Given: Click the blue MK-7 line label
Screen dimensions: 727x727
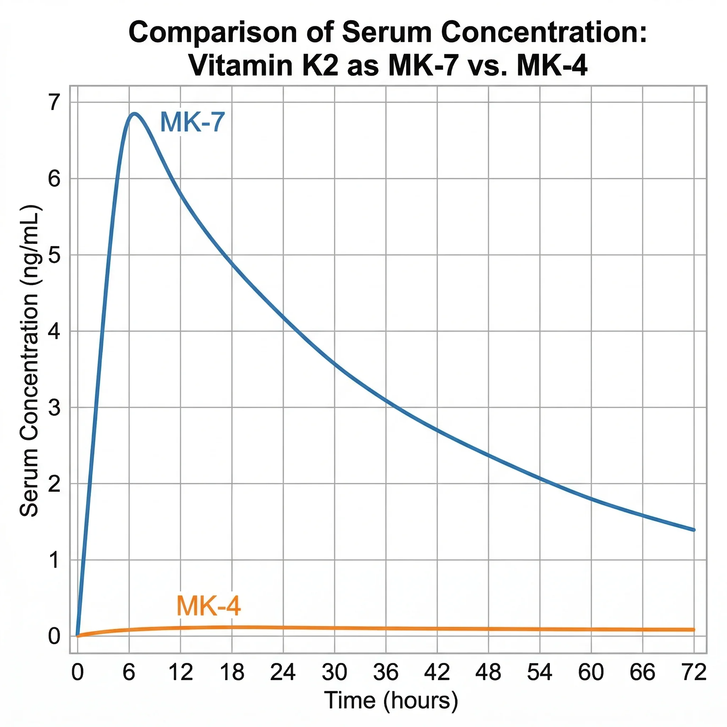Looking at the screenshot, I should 192,122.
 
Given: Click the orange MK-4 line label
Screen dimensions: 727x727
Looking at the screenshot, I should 208,606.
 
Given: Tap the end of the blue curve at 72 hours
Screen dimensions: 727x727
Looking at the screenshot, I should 694,530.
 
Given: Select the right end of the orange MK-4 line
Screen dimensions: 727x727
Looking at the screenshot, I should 694,629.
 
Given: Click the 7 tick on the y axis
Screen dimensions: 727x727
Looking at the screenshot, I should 54,102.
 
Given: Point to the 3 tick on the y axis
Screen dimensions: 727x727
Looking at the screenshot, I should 54,408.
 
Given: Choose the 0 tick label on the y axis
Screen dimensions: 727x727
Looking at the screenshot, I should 54,636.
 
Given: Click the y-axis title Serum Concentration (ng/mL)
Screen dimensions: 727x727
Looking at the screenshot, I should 29,361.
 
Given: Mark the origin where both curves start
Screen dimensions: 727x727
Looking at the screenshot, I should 77,636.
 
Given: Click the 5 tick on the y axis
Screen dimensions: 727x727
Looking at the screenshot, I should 54,255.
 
